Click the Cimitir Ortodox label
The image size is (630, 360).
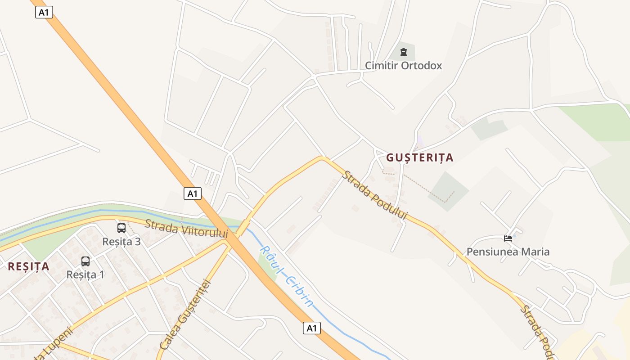(403, 66)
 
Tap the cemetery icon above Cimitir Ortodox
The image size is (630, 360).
(403, 52)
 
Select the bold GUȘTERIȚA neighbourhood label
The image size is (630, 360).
(419, 157)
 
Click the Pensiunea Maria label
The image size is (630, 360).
(508, 252)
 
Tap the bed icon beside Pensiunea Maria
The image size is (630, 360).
(508, 238)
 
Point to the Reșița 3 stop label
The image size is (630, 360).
(121, 242)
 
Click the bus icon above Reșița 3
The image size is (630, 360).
(121, 228)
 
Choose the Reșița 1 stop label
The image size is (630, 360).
(85, 274)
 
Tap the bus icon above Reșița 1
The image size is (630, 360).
(85, 261)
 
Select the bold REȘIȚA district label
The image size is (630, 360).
(28, 266)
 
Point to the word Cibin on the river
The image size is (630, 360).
(298, 292)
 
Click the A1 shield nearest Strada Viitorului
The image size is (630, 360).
(193, 194)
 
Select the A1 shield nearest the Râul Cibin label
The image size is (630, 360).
(311, 328)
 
